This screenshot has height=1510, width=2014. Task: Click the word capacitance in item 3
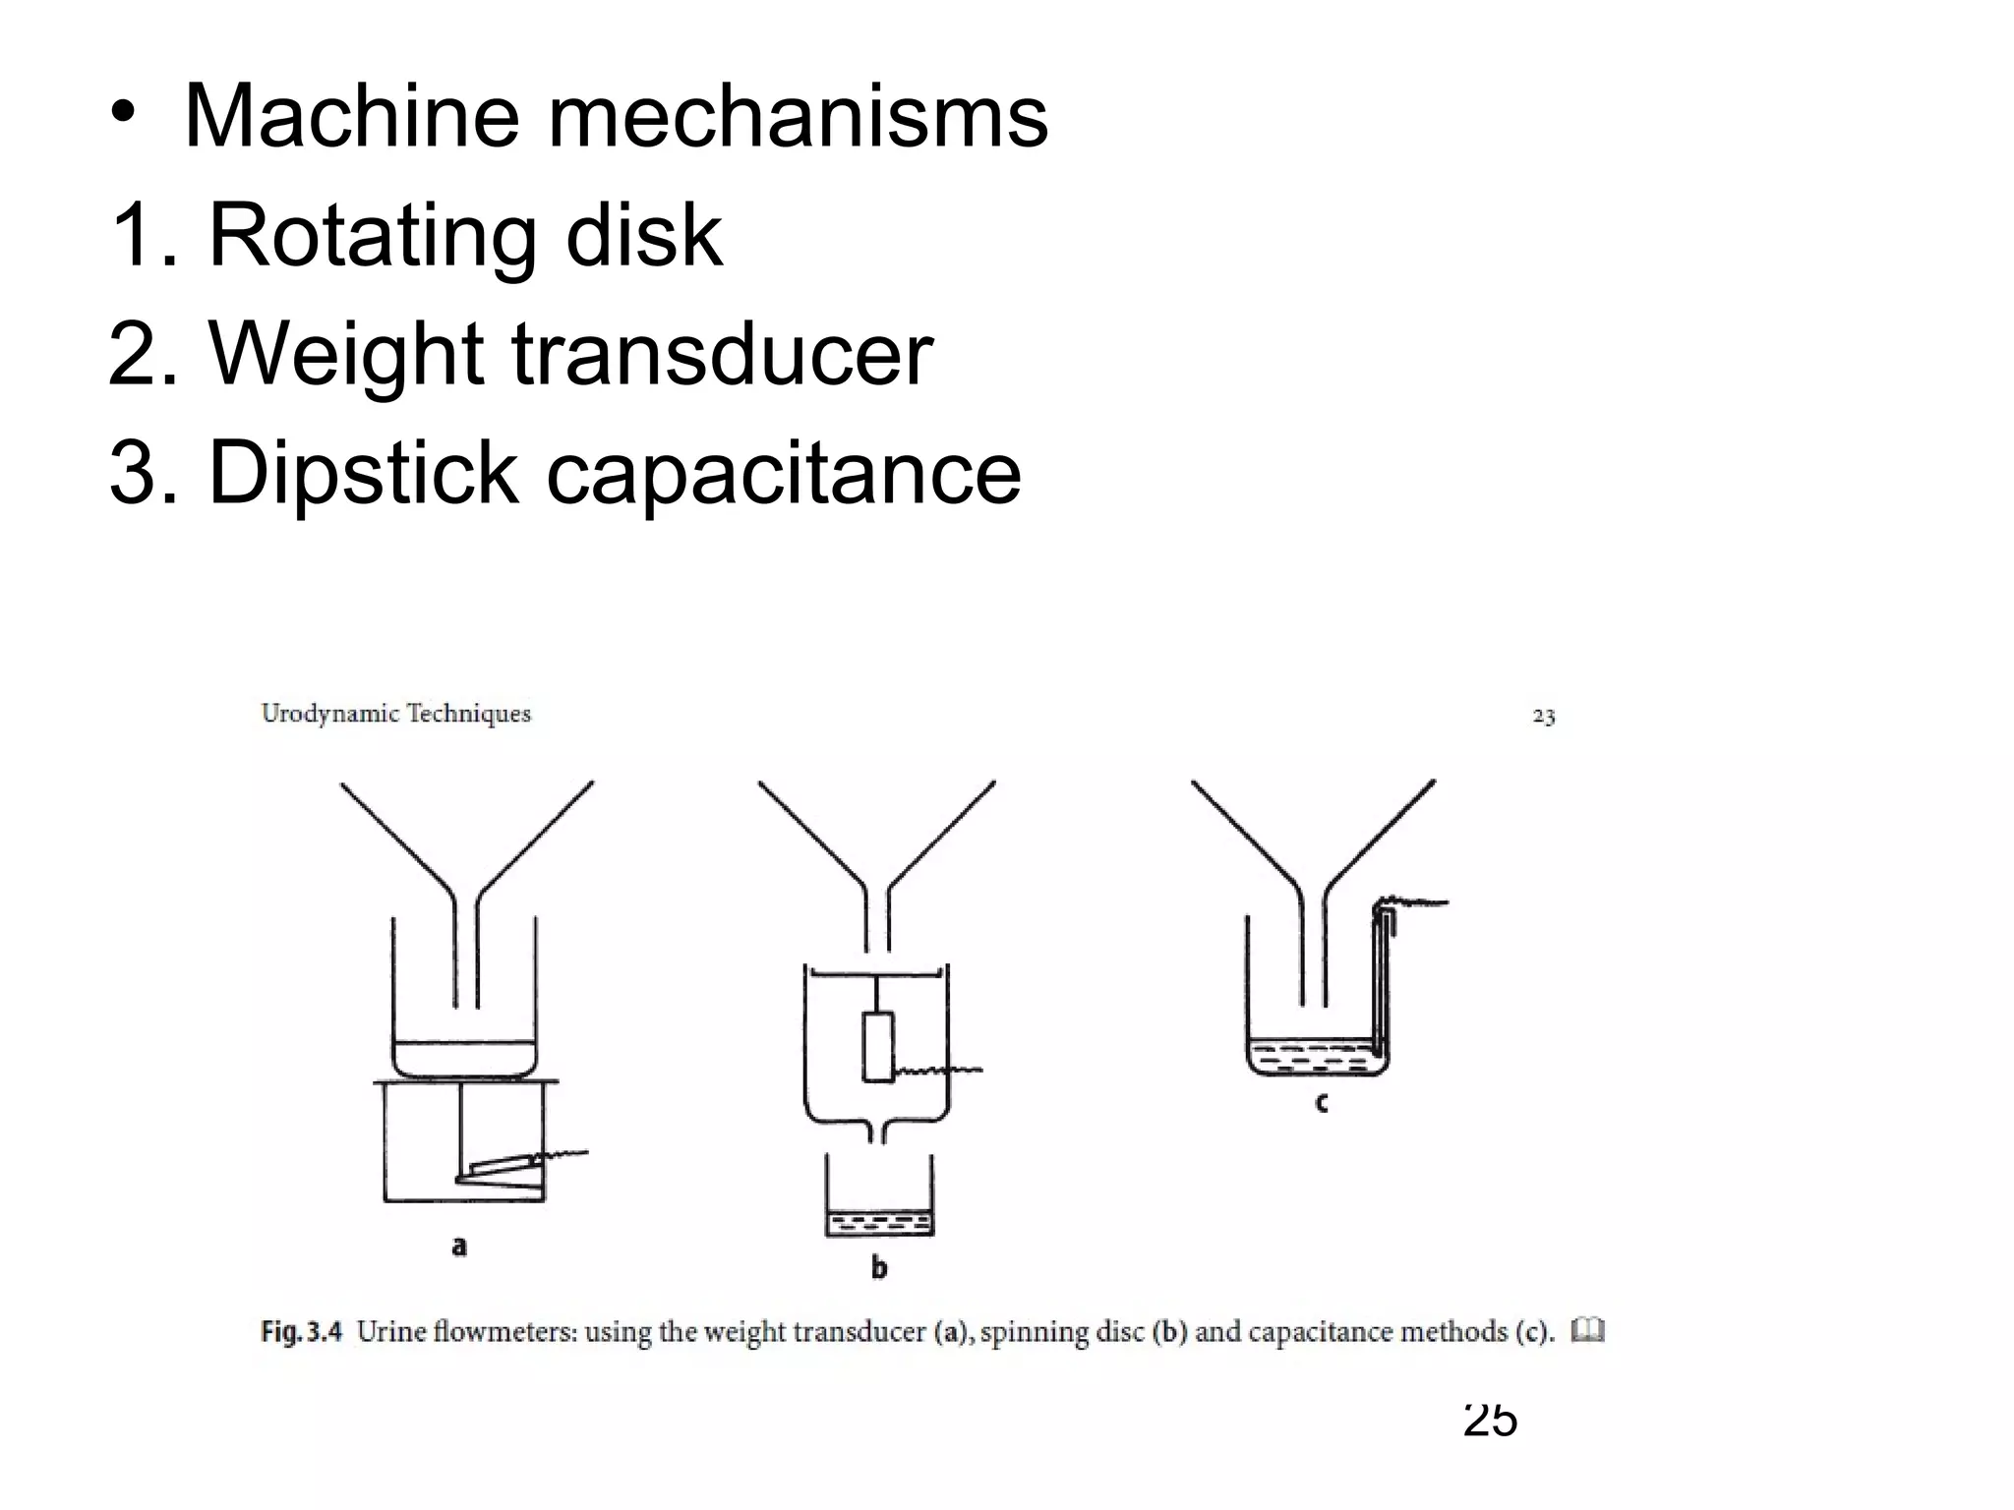pos(784,474)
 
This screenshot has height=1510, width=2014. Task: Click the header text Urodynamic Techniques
pos(395,714)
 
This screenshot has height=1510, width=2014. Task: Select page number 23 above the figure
pos(1543,717)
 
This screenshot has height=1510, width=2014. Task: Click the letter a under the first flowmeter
pos(458,1247)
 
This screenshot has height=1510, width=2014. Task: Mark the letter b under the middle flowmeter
pos(878,1267)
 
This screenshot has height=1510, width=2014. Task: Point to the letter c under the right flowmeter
pos(1321,1103)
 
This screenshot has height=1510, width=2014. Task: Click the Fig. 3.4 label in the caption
pos(301,1332)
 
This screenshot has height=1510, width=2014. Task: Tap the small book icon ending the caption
pos(1587,1331)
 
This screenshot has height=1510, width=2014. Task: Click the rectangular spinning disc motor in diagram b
pos(877,1047)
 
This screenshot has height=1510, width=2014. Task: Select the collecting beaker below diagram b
pos(878,1204)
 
